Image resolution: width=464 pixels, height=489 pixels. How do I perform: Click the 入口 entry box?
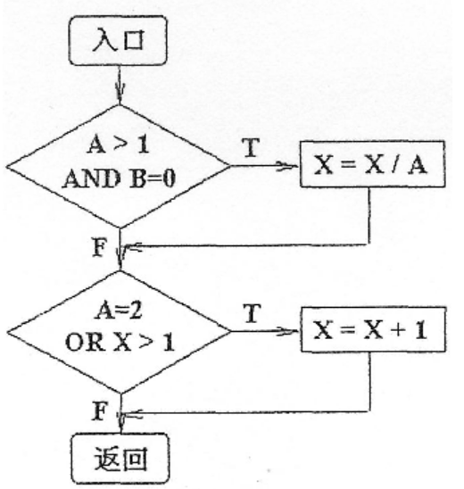coord(118,40)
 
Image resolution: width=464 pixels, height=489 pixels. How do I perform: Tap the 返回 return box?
coord(120,458)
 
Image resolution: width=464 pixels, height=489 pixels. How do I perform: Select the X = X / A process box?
coord(372,164)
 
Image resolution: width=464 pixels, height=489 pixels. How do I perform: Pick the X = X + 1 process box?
coord(373,329)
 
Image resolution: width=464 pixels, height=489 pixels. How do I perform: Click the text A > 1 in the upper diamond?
coord(119,145)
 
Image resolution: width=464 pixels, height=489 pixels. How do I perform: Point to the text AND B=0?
coord(119,178)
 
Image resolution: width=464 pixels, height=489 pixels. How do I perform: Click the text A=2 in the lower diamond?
coord(119,311)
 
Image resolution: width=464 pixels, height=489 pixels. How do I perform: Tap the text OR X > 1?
coord(120,342)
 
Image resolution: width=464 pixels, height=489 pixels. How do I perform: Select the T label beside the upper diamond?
coord(251,147)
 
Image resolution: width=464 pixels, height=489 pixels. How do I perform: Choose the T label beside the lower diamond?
coord(252,313)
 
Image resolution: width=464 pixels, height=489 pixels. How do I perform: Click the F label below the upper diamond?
coord(99,247)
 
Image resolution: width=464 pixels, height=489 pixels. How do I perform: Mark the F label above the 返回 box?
coord(100,411)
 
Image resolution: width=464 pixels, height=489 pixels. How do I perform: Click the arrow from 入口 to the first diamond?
coord(119,85)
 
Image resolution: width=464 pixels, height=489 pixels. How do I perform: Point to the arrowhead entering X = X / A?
coord(287,166)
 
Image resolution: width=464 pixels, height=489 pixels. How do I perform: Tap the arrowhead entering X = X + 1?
coord(288,331)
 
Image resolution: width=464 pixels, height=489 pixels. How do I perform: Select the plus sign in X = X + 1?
coord(399,330)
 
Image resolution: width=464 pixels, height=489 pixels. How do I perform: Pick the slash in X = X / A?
coord(395,165)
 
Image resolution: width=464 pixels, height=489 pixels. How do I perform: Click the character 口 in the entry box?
coord(134,40)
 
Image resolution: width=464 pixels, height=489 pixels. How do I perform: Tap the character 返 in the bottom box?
coord(106,459)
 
